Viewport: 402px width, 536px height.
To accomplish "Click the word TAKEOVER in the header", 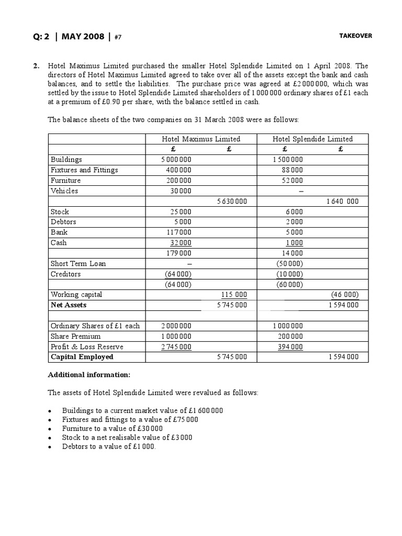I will (x=355, y=36).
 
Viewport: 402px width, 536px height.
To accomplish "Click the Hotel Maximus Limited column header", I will (x=201, y=139).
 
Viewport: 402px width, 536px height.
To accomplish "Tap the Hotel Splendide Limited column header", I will (x=312, y=139).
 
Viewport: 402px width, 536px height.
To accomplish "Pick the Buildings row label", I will (x=66, y=160).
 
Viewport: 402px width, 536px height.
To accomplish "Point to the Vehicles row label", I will (x=64, y=191).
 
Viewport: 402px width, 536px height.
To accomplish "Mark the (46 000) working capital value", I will (x=344, y=295).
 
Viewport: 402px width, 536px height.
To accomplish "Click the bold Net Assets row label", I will (x=69, y=305).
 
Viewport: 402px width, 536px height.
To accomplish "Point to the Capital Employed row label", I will (x=82, y=357).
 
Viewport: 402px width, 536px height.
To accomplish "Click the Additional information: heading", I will (x=90, y=375).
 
